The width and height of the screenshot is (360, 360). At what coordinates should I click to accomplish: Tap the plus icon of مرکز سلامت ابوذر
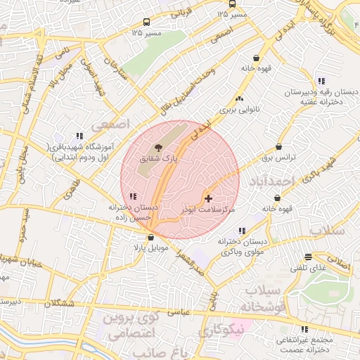coord(207,199)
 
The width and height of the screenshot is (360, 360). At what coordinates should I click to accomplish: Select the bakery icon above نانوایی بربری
coord(240,99)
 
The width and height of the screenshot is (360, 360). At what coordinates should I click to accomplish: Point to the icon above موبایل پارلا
coord(150,238)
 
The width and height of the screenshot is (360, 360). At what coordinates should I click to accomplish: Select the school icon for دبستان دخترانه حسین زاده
coord(133,197)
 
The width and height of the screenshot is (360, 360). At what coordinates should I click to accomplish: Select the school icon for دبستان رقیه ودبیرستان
coord(321,81)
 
